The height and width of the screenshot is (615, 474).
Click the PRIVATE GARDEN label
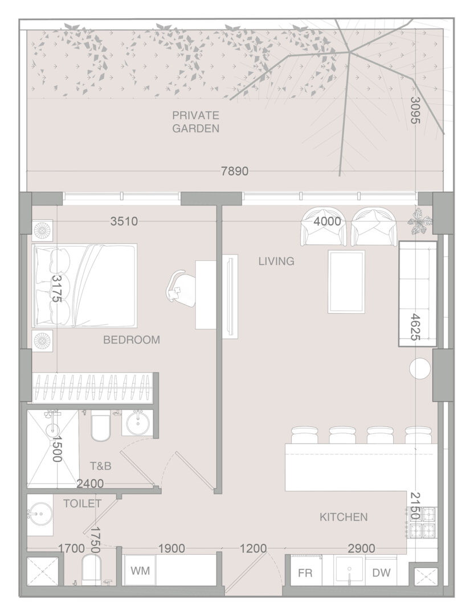click(x=195, y=122)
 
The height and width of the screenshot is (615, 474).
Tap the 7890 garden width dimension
click(x=235, y=171)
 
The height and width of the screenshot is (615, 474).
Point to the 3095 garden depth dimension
click(x=415, y=110)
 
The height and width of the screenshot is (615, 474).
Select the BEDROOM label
click(x=132, y=339)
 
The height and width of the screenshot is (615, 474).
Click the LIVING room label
click(x=276, y=261)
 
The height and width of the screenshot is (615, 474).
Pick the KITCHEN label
click(x=344, y=517)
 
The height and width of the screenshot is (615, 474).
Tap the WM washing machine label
click(x=140, y=571)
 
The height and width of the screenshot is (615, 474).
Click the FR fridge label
click(x=305, y=573)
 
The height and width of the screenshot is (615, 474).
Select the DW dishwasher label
click(x=381, y=573)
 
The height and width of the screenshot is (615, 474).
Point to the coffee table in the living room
click(x=346, y=282)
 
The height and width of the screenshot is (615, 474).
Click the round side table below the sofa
click(x=420, y=368)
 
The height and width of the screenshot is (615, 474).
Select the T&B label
click(x=100, y=466)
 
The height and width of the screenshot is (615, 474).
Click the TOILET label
click(x=83, y=503)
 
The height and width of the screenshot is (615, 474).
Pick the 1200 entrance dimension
click(x=254, y=548)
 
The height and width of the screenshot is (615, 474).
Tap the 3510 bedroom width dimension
click(x=124, y=222)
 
